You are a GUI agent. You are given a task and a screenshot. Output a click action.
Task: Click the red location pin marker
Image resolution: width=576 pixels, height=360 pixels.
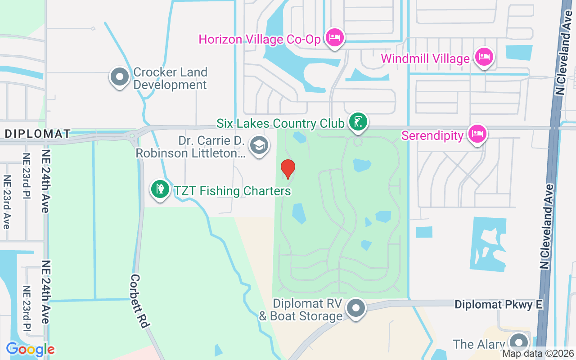click(288, 169)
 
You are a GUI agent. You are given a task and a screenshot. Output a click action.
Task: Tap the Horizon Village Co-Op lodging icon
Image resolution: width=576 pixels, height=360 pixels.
click(334, 36)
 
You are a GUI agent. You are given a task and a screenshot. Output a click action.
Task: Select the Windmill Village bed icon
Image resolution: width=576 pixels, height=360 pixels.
click(484, 57)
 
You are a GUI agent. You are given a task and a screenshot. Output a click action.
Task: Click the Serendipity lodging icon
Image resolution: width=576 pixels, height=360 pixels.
click(477, 133)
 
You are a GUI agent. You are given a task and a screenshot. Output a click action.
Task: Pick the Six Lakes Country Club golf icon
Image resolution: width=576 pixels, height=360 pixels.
click(358, 121)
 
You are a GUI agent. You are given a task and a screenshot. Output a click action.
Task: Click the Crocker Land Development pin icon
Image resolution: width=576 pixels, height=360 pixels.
click(120, 76)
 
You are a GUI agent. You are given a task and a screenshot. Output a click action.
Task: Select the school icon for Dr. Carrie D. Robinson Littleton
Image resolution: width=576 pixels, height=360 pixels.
click(259, 145)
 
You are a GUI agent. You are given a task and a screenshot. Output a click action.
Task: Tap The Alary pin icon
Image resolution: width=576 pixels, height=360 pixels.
click(519, 342)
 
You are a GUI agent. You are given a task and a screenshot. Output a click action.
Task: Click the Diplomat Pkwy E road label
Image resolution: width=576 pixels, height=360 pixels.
click(499, 305)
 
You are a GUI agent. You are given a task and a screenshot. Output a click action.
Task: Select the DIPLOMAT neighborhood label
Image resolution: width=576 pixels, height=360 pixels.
click(38, 134)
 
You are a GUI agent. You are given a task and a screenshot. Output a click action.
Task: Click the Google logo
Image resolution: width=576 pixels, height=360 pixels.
click(30, 349)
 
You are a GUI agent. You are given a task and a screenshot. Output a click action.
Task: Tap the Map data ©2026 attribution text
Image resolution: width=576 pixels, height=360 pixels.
click(538, 354)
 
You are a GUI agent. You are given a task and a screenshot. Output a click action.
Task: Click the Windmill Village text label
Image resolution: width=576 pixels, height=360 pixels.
click(425, 58)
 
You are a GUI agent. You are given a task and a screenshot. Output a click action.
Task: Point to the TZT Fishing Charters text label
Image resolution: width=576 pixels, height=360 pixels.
click(233, 191)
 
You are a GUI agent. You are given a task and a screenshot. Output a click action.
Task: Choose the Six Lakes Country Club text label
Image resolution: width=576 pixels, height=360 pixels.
click(281, 123)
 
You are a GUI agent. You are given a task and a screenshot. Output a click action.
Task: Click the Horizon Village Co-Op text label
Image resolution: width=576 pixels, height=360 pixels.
click(260, 39)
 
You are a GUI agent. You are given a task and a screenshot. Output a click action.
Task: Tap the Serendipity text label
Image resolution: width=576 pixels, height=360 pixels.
click(432, 135)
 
